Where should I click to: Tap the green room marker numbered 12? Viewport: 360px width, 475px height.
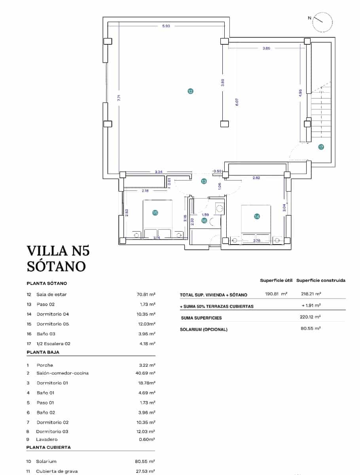190,91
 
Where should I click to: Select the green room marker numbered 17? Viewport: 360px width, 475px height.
321,147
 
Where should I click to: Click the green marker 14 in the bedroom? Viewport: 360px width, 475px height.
257,217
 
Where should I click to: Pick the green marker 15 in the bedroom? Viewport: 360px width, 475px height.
155,213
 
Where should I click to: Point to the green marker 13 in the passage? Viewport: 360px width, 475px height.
204,181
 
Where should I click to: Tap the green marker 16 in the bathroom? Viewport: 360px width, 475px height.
204,221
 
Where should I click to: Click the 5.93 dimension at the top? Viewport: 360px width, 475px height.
166,26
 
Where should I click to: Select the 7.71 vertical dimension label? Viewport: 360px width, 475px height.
119,99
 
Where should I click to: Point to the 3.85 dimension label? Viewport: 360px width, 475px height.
266,49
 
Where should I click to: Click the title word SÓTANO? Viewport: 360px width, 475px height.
56,266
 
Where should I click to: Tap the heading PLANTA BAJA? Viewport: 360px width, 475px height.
43,352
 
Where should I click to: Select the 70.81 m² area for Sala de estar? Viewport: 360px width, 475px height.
145,294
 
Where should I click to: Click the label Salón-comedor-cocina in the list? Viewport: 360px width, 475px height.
63,373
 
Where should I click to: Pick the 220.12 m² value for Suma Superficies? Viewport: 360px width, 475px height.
310,317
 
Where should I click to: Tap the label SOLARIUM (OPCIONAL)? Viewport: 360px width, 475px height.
204,329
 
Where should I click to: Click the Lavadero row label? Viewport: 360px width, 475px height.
47,439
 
